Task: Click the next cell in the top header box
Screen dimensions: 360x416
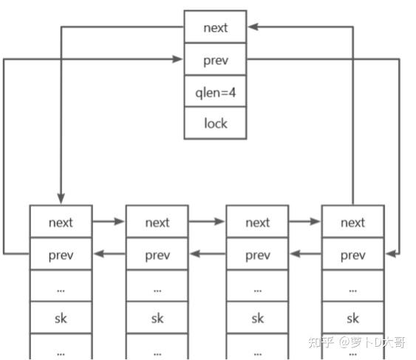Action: click(215, 27)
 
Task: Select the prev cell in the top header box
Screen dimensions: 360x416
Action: click(215, 59)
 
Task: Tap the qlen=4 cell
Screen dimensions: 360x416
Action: click(215, 91)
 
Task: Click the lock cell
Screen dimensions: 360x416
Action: click(215, 123)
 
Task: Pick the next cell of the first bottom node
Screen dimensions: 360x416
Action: click(61, 222)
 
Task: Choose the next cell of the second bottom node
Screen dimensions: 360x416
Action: click(157, 222)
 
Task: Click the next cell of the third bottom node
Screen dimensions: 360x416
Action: click(257, 222)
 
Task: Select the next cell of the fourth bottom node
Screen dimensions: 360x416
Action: click(352, 222)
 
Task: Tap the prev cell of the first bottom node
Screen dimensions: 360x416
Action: click(61, 255)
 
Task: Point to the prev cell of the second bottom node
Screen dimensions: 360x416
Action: click(157, 255)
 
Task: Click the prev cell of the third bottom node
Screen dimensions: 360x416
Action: click(257, 255)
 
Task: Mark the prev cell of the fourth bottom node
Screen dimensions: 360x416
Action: click(352, 255)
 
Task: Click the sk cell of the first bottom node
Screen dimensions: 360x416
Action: click(61, 319)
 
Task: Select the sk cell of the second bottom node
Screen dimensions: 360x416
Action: click(157, 319)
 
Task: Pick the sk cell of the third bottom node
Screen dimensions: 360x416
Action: click(257, 319)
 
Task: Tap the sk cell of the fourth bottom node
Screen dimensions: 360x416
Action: click(352, 319)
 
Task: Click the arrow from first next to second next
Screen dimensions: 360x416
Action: click(109, 221)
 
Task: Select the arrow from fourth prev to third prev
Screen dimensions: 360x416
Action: click(305, 254)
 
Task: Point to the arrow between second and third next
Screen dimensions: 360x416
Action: click(207, 221)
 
